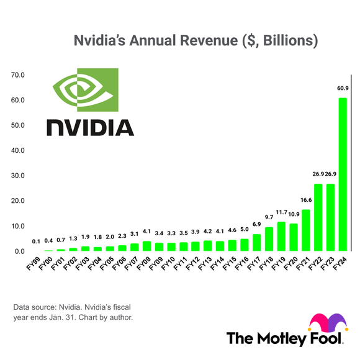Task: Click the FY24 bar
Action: pos(342,174)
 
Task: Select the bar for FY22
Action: pos(318,217)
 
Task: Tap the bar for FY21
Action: pos(306,230)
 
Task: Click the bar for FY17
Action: pos(257,243)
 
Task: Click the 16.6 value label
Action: pos(306,200)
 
